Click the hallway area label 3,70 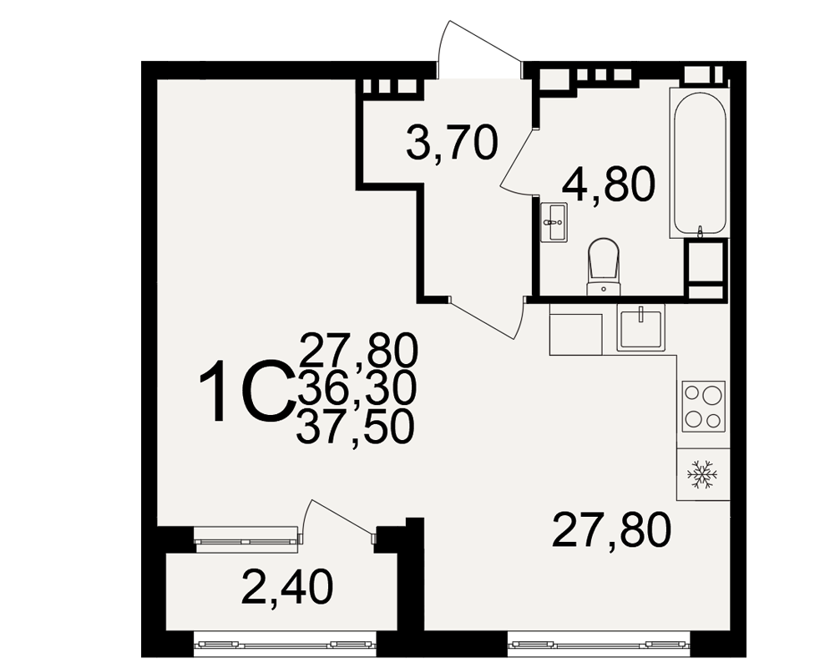click(x=452, y=144)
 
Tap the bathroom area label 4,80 click(x=609, y=184)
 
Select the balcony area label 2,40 click(x=287, y=586)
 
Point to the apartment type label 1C click(x=246, y=391)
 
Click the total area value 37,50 click(x=355, y=429)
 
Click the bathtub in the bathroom click(x=699, y=164)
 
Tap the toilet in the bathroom click(x=604, y=266)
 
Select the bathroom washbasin click(x=554, y=222)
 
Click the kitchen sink click(x=641, y=328)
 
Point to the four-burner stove click(x=703, y=407)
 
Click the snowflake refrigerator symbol click(x=702, y=474)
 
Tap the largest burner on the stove click(x=712, y=395)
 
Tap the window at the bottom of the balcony click(x=285, y=644)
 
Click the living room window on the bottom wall click(x=600, y=644)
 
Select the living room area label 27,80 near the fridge click(x=611, y=530)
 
